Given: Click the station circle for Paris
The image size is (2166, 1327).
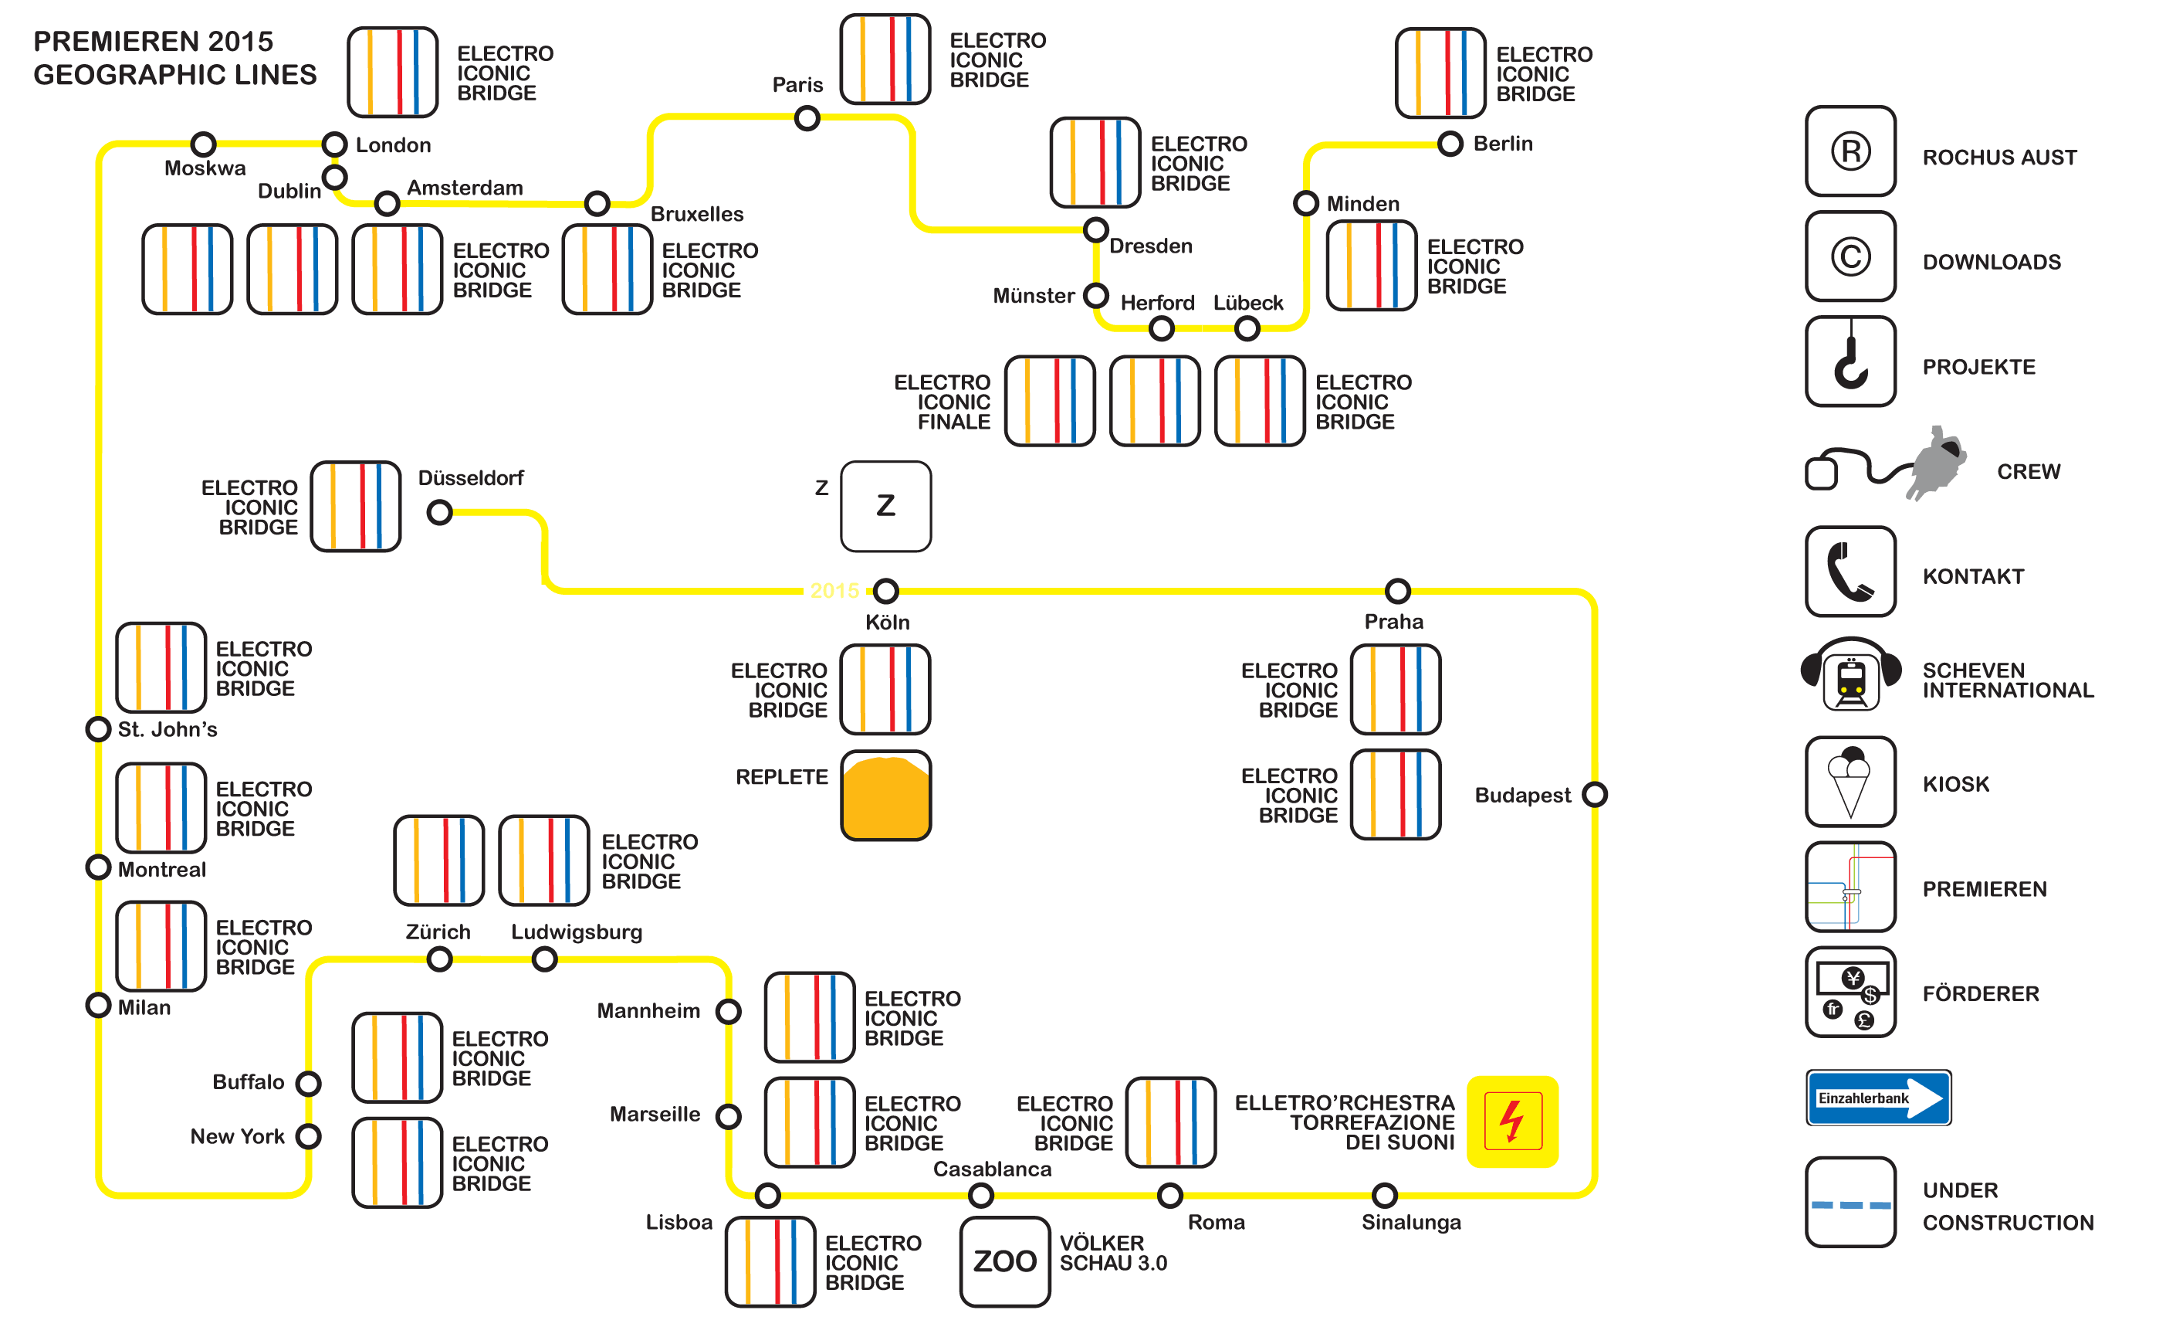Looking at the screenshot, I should (806, 118).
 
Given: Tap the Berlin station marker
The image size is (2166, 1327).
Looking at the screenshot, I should (1450, 144).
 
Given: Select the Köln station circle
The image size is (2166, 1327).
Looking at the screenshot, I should (885, 590).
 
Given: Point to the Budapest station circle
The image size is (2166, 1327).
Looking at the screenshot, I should (1594, 794).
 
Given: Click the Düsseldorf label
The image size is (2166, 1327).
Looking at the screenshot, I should (470, 477).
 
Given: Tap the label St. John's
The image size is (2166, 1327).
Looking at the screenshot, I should (167, 729).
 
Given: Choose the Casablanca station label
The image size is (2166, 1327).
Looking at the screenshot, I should (992, 1169).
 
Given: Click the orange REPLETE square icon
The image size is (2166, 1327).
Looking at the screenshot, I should (885, 795).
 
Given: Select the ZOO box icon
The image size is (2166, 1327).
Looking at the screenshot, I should (1005, 1261).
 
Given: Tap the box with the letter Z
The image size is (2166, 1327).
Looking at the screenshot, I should (885, 507).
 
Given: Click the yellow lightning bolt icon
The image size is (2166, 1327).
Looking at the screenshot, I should (1512, 1122).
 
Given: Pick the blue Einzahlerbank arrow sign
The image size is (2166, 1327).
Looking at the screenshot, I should (1877, 1098).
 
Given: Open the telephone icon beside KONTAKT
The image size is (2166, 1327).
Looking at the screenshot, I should (1850, 572).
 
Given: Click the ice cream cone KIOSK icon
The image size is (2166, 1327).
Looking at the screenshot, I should (1850, 781).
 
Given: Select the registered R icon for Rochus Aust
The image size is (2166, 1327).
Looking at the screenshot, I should (1850, 151).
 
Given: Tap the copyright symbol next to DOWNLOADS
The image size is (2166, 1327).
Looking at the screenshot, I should (1850, 256).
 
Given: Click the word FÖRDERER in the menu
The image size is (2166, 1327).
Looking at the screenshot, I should (1980, 994).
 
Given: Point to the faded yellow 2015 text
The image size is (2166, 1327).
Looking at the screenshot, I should (834, 590).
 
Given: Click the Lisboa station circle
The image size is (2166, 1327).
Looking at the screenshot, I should (767, 1194).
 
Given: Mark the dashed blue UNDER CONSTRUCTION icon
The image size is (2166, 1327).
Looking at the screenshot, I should (1850, 1202).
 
